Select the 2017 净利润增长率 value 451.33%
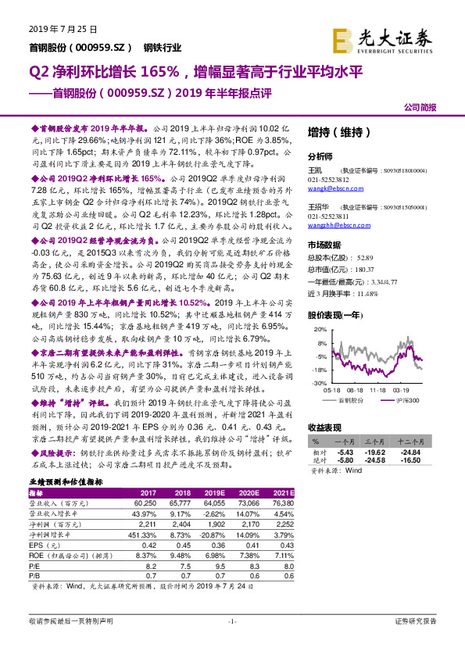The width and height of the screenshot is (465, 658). pos(144,535)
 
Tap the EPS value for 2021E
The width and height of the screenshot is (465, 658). pos(284,545)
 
